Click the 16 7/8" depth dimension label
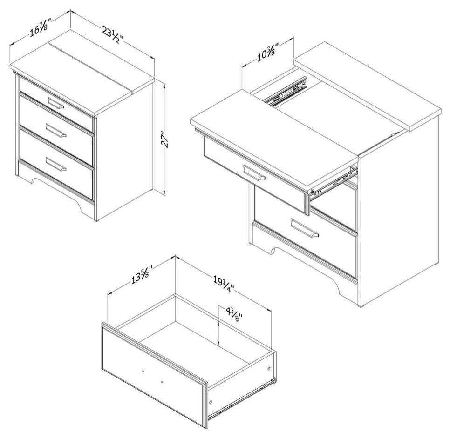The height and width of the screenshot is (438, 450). (40, 28)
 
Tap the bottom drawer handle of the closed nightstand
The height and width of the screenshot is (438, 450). (56, 164)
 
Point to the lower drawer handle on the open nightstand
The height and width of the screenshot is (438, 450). (304, 228)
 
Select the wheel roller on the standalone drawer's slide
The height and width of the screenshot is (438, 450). (275, 381)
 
